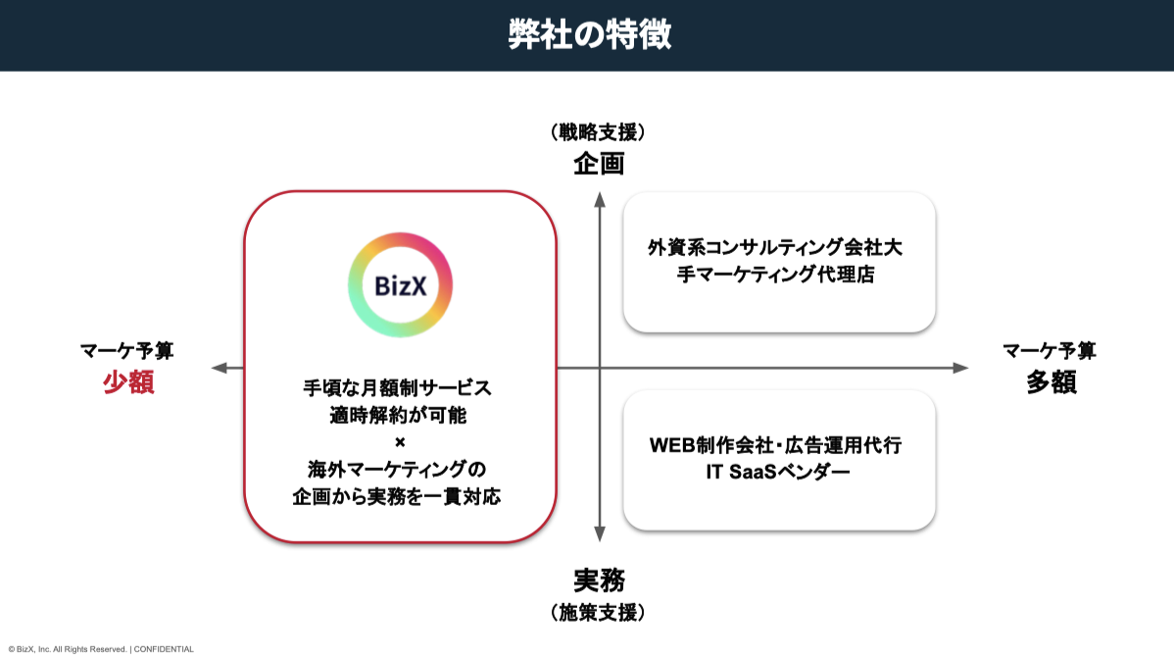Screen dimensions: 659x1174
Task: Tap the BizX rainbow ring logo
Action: click(400, 285)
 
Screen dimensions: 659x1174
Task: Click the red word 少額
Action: click(128, 382)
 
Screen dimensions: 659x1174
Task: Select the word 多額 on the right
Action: click(1051, 382)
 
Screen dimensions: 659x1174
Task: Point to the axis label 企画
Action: click(599, 163)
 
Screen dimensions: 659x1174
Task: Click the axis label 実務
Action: click(599, 581)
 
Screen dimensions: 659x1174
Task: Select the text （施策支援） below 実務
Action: click(599, 613)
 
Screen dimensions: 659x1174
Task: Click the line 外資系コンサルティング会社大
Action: click(775, 248)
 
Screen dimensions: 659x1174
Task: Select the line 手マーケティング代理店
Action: click(775, 276)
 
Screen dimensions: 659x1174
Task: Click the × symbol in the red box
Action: click(399, 441)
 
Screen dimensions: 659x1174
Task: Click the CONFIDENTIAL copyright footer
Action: click(101, 648)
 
